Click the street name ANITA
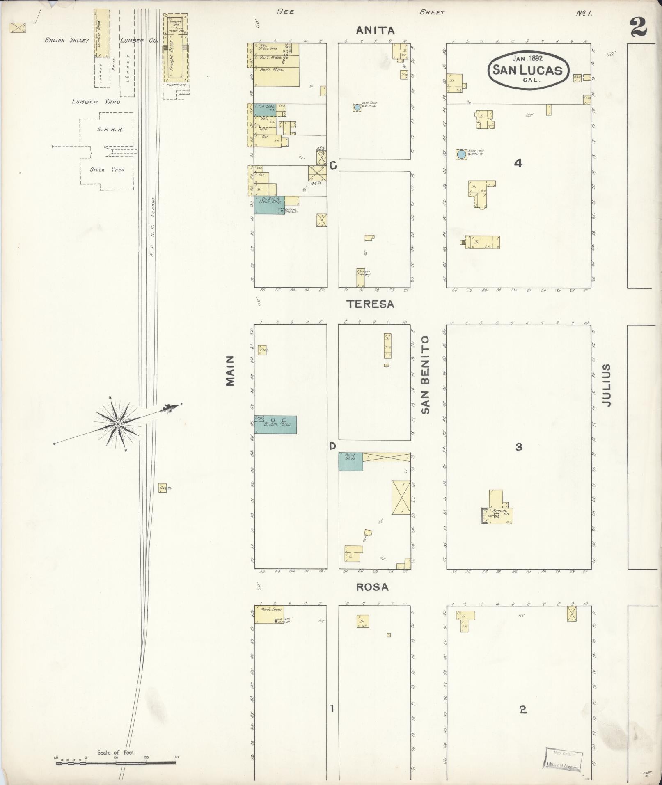[x=375, y=30]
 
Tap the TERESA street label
[x=370, y=304]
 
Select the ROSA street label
[x=372, y=587]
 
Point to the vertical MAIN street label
[x=230, y=371]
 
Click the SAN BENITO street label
[x=425, y=375]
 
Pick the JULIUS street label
[x=607, y=385]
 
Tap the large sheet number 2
[x=638, y=27]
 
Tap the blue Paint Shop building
[x=350, y=462]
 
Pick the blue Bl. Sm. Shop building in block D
[x=275, y=425]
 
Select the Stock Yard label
[x=107, y=169]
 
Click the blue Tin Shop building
[x=265, y=110]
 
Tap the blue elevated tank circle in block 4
[x=462, y=154]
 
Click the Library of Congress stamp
[x=563, y=760]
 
